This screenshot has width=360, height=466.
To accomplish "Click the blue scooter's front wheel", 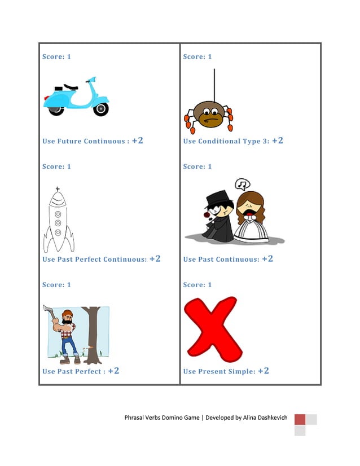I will click(101, 109).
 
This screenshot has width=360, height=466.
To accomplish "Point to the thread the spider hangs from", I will click(214, 85).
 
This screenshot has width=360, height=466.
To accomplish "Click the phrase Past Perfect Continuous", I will click(102, 260).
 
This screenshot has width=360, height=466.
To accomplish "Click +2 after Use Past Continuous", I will click(267, 259).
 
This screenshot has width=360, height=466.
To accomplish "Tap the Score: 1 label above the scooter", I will click(56, 57).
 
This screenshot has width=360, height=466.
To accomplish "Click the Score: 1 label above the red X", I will click(197, 285).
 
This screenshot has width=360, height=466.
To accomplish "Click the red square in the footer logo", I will click(300, 419).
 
